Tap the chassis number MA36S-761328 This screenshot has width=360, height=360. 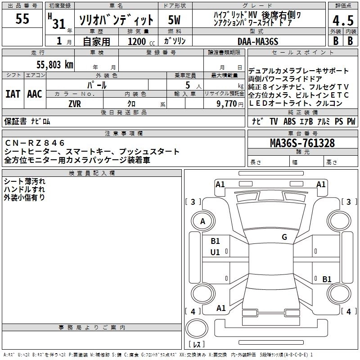302,144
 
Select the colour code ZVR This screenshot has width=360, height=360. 74,103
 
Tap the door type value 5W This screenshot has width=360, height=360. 175,20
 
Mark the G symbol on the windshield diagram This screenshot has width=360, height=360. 284,237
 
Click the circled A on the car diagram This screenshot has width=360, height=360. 202,221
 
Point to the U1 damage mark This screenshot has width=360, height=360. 215,252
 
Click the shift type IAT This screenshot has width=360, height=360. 13,94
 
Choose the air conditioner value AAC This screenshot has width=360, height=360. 35,94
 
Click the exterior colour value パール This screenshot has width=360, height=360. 97,85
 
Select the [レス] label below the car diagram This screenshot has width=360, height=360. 196,345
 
